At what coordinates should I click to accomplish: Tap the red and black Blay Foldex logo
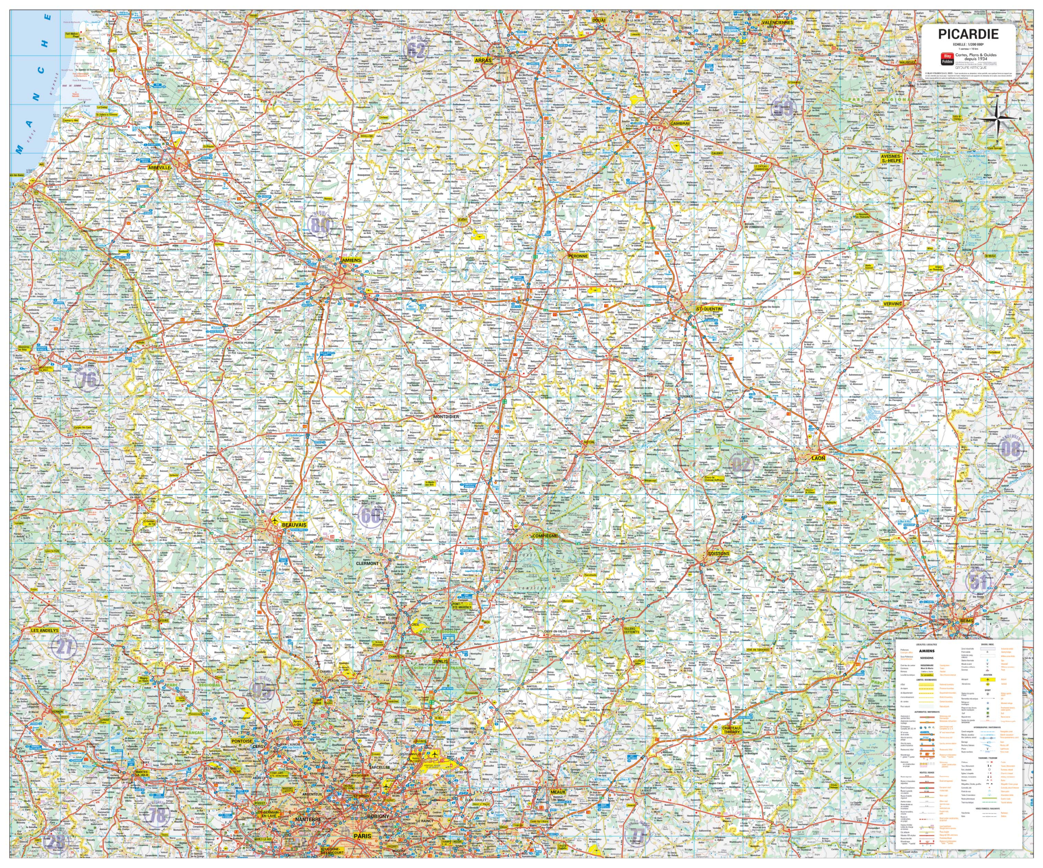coord(947,59)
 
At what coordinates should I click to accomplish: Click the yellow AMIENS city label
coord(351,260)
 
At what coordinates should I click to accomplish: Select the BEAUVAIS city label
coord(294,525)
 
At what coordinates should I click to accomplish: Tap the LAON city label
coord(818,458)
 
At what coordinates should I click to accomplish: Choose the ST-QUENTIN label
coord(709,309)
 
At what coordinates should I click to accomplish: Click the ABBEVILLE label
coord(159,168)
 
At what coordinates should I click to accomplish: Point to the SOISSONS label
coord(718,553)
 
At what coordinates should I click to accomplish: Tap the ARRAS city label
coord(483,60)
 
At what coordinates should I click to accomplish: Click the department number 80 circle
coord(319,225)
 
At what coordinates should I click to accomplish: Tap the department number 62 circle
coord(416,50)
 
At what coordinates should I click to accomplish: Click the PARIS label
coord(362,836)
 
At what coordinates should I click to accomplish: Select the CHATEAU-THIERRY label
coord(731,730)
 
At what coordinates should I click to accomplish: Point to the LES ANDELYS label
coord(45,630)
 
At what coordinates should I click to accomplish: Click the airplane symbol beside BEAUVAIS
coord(274,521)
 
